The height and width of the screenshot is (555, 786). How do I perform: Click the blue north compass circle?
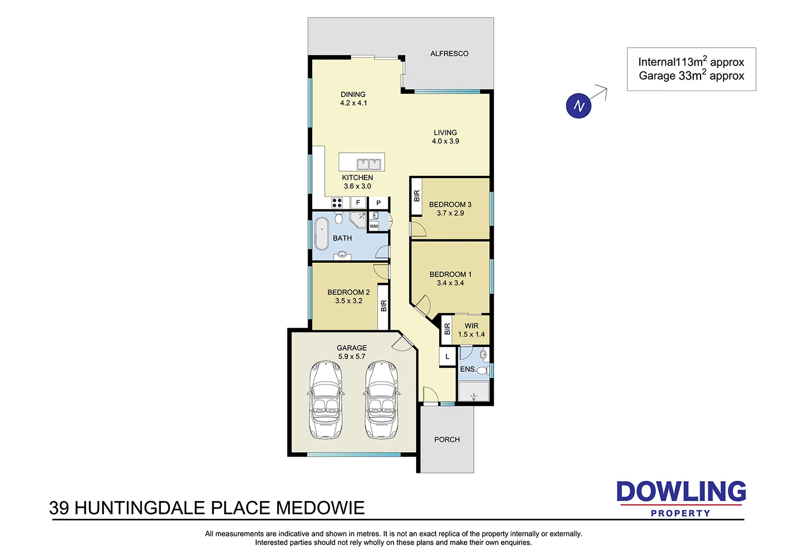[578, 106]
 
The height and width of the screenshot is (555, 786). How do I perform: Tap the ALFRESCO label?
[449, 53]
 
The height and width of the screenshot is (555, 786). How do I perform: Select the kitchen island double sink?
[368, 164]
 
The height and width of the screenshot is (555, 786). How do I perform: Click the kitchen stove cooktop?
[337, 203]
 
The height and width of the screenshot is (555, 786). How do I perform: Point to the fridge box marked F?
[358, 203]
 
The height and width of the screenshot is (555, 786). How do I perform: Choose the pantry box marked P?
[378, 203]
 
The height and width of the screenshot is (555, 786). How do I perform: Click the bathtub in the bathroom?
[321, 234]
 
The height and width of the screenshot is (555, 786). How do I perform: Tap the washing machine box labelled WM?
[374, 226]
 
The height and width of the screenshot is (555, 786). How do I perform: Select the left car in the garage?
[326, 399]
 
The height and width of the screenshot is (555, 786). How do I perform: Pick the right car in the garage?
[381, 399]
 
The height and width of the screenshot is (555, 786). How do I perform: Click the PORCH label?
[447, 440]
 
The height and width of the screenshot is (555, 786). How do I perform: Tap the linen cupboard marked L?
[447, 357]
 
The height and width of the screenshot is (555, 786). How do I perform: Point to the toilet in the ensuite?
[482, 370]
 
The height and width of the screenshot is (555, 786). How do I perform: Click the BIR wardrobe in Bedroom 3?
[417, 196]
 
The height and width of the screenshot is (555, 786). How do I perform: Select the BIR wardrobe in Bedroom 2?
[384, 306]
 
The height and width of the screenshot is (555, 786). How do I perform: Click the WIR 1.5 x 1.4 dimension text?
[471, 334]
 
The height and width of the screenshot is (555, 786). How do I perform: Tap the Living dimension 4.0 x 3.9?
[445, 141]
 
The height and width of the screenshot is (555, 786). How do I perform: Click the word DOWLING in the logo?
[681, 492]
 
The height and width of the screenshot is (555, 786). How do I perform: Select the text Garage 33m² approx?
[691, 76]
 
